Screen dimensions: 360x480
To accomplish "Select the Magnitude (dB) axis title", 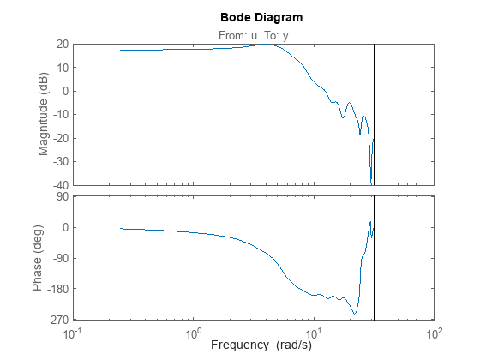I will pyautogui.click(x=42, y=114).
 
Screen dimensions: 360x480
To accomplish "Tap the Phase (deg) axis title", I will pyautogui.click(x=38, y=258).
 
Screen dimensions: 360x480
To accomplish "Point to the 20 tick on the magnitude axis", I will pyautogui.click(x=62, y=44).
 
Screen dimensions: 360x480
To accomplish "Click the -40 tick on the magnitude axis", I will pyautogui.click(x=60, y=185).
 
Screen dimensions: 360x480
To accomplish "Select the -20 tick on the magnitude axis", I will pyautogui.click(x=60, y=138).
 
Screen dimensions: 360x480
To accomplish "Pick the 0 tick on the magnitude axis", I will pyautogui.click(x=64, y=91).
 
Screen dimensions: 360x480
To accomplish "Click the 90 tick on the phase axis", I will pyautogui.click(x=62, y=197).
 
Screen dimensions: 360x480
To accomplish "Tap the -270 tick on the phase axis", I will pyautogui.click(x=57, y=320).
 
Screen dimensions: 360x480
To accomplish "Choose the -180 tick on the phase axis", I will pyautogui.click(x=57, y=289).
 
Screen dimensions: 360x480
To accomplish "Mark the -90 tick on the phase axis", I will pyautogui.click(x=59, y=258).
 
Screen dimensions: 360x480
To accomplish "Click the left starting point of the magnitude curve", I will pyautogui.click(x=121, y=50).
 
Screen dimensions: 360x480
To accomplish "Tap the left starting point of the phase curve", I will pyautogui.click(x=121, y=229).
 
